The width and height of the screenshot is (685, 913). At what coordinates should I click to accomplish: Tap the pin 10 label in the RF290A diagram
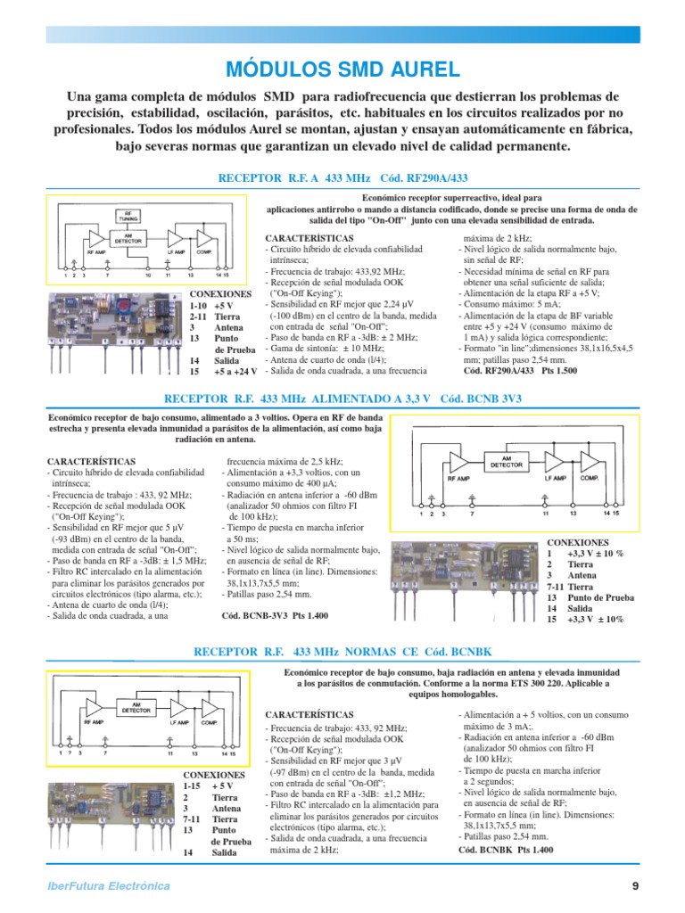(149, 275)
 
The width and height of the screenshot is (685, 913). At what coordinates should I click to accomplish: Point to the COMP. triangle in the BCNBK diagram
(211, 707)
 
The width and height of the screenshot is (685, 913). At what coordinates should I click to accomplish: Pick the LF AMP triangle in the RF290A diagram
(176, 239)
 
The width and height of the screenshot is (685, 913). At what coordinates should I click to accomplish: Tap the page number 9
(635, 885)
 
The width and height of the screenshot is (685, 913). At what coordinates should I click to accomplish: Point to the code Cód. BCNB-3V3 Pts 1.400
(275, 615)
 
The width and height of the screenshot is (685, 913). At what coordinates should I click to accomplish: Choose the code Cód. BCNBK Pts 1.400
(506, 850)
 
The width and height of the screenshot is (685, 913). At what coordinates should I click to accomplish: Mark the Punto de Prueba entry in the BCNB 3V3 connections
(602, 597)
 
